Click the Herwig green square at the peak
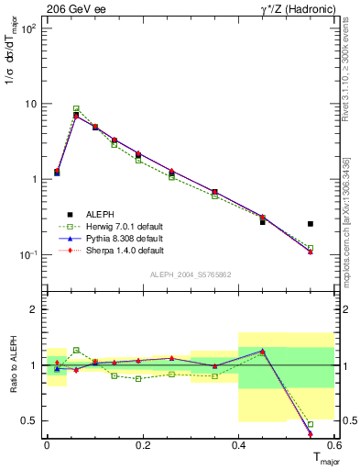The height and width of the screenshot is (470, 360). pos(76,108)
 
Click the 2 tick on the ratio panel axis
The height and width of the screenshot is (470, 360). pos(35,309)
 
